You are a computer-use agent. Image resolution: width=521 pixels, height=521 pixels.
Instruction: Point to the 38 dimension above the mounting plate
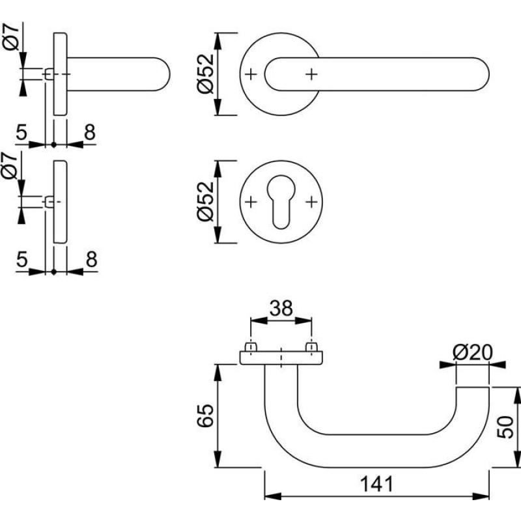(x=281, y=308)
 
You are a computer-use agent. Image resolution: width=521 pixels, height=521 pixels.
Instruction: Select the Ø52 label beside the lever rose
(x=205, y=74)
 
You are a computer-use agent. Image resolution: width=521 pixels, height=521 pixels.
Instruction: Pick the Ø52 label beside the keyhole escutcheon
(x=205, y=201)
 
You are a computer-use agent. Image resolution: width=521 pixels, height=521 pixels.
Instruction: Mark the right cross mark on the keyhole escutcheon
(x=311, y=201)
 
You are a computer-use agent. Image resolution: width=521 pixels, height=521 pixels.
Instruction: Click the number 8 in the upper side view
(x=90, y=132)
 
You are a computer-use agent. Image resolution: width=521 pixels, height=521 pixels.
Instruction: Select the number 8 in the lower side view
(x=91, y=260)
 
